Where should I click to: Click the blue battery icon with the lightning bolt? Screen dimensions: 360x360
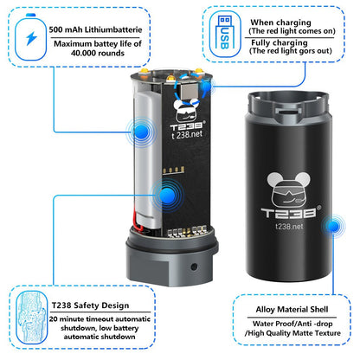30,37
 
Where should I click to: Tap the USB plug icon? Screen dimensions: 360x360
224,32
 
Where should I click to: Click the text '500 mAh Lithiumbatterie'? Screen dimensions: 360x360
95,29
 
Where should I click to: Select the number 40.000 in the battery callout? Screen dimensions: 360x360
83,53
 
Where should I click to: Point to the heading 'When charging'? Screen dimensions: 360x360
280,22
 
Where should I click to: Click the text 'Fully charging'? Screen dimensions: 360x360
280,42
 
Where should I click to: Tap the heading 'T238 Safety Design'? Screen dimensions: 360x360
90,305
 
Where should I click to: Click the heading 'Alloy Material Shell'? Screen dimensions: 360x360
292,310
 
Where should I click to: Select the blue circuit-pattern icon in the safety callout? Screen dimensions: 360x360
32,317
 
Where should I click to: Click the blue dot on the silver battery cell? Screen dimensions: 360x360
141,132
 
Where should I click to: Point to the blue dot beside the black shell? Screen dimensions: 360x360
334,226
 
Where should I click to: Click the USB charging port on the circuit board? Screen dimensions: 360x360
189,91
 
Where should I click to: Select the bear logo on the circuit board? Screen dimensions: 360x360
187,110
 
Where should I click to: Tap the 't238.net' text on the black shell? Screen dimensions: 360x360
289,227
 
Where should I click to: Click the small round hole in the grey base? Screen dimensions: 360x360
194,267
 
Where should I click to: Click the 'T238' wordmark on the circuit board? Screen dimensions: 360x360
187,126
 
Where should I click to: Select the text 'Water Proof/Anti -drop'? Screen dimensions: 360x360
292,324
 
